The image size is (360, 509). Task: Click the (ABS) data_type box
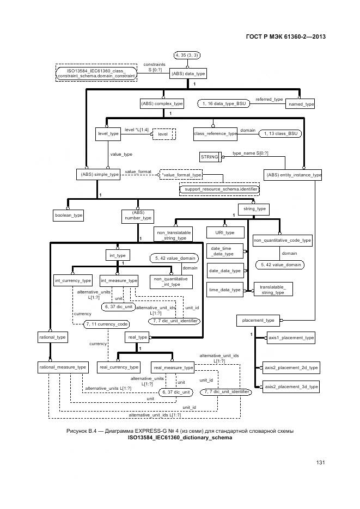(x=188, y=73)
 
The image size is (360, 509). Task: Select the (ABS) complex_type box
(x=162, y=103)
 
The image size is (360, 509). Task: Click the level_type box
(x=108, y=133)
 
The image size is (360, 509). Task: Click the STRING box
(x=209, y=157)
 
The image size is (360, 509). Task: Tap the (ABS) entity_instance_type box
(x=293, y=175)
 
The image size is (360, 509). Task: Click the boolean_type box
(x=69, y=216)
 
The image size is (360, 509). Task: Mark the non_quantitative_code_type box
(x=282, y=240)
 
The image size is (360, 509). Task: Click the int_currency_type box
(x=73, y=280)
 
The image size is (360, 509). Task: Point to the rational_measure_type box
(x=63, y=367)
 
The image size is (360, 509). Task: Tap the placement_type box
(x=259, y=320)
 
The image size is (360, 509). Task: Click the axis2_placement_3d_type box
(x=291, y=387)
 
